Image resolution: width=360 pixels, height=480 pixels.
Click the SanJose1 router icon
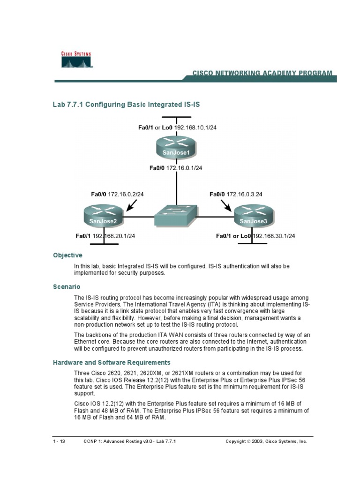tap(176, 147)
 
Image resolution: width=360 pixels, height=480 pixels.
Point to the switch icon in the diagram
tap(176, 216)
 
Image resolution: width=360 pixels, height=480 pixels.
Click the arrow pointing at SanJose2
tap(133, 205)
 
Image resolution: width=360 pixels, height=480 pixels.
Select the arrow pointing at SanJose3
tap(226, 205)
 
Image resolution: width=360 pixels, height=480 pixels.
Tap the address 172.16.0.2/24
tap(126, 194)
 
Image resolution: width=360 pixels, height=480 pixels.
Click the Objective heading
tap(67, 255)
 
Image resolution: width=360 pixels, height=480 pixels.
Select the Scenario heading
tap(67, 286)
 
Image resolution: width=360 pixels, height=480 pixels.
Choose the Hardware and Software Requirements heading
tap(111, 362)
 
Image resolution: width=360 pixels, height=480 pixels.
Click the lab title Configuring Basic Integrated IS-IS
tap(127, 104)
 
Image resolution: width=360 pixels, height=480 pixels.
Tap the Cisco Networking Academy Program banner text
tap(262, 73)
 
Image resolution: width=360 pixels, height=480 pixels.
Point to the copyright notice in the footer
tap(266, 442)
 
